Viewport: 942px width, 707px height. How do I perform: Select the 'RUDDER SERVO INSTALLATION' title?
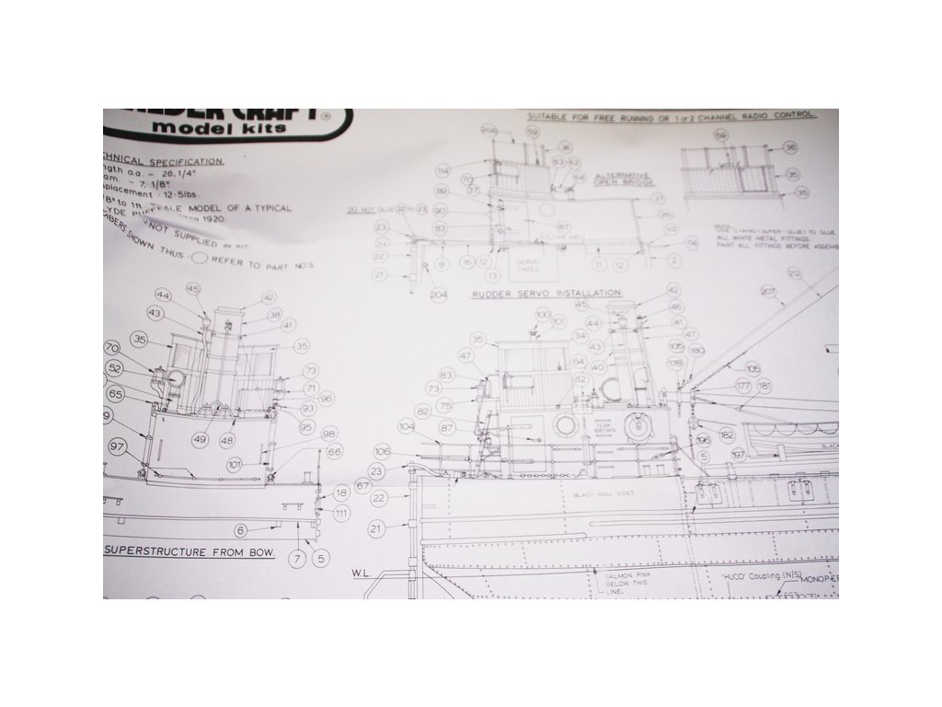(x=547, y=292)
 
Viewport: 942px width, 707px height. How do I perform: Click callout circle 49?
(x=199, y=439)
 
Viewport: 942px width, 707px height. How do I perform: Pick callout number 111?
(x=341, y=513)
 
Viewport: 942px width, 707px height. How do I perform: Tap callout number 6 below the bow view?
(x=241, y=530)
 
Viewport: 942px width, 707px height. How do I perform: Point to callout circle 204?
(x=438, y=294)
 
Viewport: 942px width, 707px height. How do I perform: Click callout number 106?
(x=383, y=450)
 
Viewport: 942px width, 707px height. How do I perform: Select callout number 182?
(x=727, y=434)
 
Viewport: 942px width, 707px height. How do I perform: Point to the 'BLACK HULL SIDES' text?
(x=604, y=495)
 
